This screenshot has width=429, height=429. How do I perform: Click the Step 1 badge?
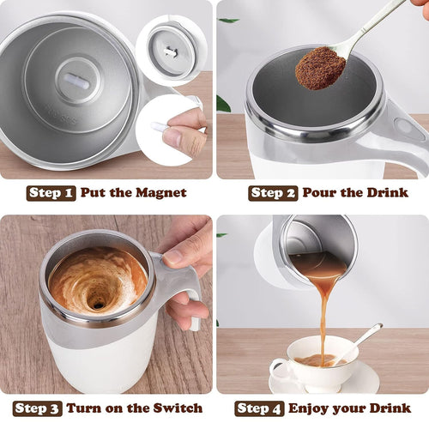pyautogui.click(x=51, y=192)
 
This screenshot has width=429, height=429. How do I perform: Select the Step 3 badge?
pyautogui.click(x=37, y=408)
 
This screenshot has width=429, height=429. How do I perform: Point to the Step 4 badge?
pyautogui.click(x=260, y=408)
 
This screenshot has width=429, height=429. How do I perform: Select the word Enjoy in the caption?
pyautogui.click(x=311, y=408)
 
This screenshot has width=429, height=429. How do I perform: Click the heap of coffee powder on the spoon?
pyautogui.click(x=319, y=68)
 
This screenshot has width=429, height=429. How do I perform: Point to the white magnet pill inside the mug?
pyautogui.click(x=76, y=79)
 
